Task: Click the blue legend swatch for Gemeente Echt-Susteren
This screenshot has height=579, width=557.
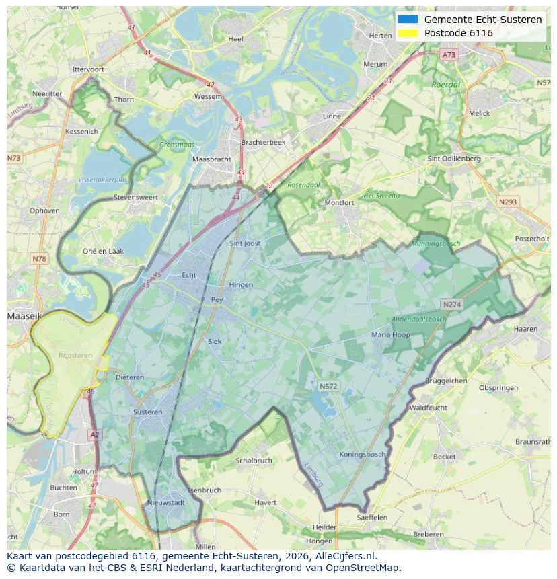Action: click(408, 20)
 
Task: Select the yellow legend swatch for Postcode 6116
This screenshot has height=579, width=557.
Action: click(408, 33)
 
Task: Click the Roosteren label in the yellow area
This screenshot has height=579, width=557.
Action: click(75, 355)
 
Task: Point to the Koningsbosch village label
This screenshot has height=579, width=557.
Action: click(362, 454)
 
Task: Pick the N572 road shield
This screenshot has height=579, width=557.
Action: click(328, 386)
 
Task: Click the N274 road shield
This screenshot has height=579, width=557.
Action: click(451, 305)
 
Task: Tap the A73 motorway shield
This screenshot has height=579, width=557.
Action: click(449, 55)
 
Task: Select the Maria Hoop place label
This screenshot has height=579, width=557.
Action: click(390, 334)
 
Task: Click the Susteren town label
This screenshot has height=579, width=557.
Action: click(147, 412)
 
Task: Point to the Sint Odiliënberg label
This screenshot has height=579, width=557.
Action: click(454, 159)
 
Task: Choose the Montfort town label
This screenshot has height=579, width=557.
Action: click(339, 202)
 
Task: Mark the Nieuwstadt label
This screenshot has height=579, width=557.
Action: click(165, 502)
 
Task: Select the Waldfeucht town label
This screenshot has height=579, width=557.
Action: click(428, 408)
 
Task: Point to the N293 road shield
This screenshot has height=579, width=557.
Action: click(508, 202)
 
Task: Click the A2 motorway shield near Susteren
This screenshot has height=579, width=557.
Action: click(94, 435)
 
